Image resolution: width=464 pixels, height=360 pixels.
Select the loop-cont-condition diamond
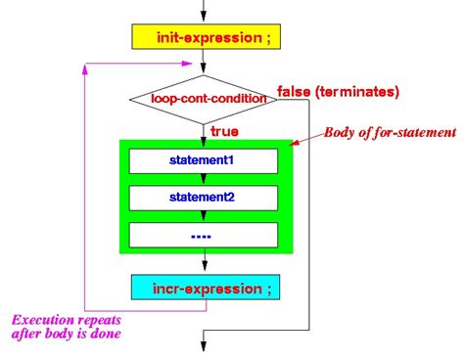tap(206, 98)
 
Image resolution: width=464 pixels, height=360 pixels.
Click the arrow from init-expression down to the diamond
tap(206, 67)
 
